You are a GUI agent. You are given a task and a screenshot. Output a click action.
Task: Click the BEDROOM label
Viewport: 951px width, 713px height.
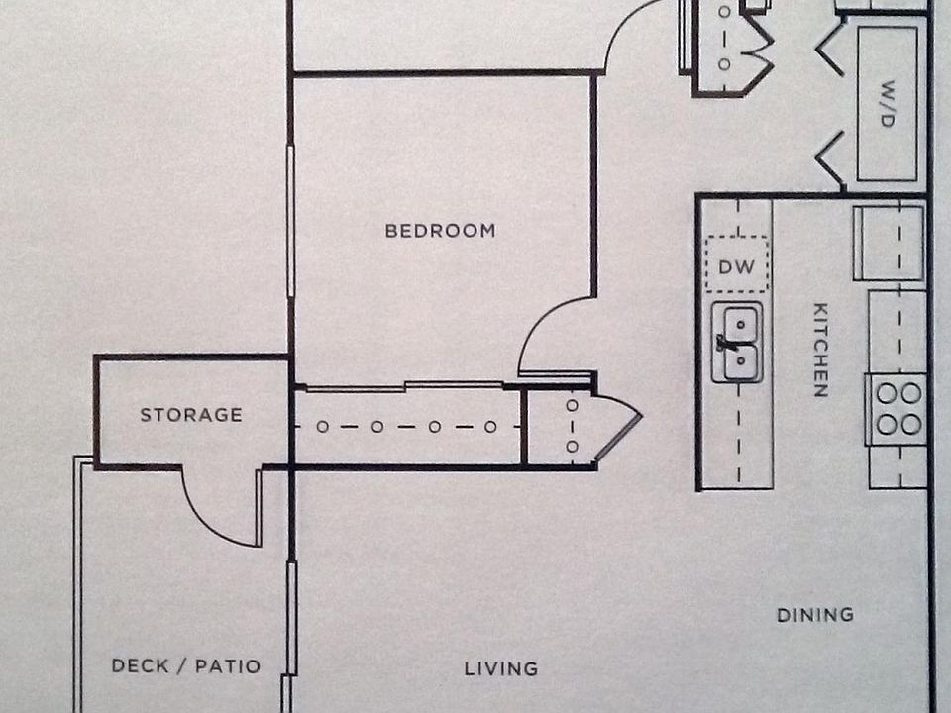(440, 231)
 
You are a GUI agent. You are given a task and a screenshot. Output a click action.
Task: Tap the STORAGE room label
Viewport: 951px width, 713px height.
(191, 415)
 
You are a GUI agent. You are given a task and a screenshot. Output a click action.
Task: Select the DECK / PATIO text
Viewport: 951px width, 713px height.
(186, 666)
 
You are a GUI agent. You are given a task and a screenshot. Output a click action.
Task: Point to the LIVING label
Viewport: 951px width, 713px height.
(501, 669)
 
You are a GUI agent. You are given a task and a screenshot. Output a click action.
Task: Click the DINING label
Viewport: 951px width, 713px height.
(815, 615)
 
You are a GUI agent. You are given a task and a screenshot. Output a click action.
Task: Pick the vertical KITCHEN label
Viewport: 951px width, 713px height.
(820, 350)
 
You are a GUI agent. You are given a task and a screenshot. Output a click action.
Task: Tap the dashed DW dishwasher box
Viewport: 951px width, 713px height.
(737, 264)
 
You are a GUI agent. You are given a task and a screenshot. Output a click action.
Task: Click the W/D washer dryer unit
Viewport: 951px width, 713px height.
(887, 103)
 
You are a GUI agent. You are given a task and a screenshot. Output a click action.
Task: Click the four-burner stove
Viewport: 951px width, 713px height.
(898, 409)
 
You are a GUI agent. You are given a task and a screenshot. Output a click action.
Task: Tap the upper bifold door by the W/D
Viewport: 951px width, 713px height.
(830, 50)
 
